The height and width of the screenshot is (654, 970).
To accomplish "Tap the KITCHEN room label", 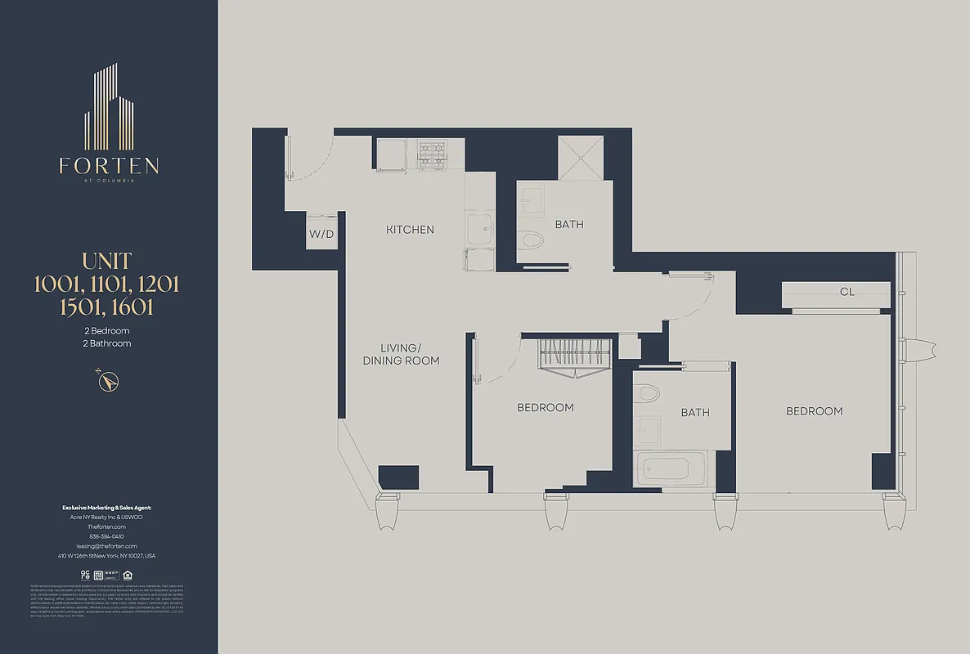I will click(x=410, y=230).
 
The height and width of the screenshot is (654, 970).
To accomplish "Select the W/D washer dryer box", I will click(x=321, y=234).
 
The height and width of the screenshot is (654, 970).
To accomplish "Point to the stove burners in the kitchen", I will click(x=431, y=155).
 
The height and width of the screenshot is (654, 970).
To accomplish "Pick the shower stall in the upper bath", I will click(x=580, y=158).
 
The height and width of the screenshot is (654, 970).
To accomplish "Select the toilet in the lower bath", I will click(x=648, y=393).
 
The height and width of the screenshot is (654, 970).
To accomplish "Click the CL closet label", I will click(x=847, y=292).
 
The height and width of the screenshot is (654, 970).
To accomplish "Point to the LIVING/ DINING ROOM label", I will click(x=401, y=355).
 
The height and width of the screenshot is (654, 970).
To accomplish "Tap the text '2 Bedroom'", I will click(x=107, y=331).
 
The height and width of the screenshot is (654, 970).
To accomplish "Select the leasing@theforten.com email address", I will click(x=107, y=546).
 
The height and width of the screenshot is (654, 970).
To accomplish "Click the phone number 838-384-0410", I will click(x=107, y=536).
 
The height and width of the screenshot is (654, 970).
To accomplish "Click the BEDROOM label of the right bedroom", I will click(x=814, y=411).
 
